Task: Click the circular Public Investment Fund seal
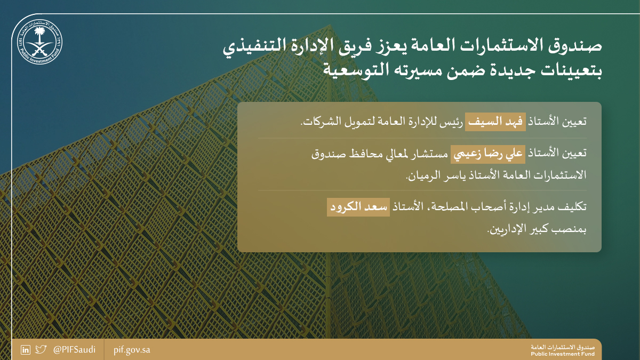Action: tap(39, 42)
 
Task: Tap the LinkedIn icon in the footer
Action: tap(26, 350)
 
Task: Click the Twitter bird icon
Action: tap(41, 349)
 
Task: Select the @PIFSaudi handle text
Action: tap(74, 350)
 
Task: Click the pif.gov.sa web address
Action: tap(132, 350)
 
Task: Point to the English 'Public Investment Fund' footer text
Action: tap(563, 354)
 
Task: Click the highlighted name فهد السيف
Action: tap(495, 122)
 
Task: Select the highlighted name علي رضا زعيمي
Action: tap(488, 154)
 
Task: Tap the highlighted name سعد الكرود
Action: tap(358, 207)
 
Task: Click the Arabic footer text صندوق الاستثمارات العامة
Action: tap(563, 348)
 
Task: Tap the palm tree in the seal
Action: tap(39, 34)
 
